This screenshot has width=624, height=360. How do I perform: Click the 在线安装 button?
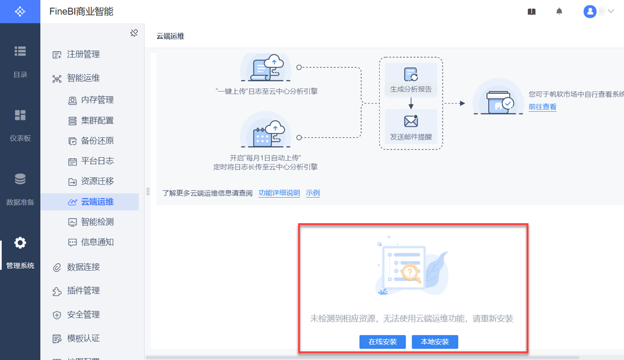383,342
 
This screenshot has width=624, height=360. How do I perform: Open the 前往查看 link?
542,107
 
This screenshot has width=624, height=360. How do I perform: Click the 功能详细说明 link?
279,193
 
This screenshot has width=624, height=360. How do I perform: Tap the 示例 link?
313,193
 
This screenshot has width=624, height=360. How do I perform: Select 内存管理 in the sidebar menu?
91,100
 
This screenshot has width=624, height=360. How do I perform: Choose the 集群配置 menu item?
91,120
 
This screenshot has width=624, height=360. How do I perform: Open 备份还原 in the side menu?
91,141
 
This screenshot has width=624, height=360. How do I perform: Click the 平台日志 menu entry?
91,161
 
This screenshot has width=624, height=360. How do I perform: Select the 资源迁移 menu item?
91,181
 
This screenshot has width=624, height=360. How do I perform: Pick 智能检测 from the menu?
91,222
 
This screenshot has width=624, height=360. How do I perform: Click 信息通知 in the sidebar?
91,242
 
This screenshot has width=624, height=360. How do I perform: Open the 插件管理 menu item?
76,290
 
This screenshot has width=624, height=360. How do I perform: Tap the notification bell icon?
559,12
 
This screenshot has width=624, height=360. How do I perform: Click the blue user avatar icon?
590,12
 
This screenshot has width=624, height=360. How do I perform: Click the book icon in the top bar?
531,12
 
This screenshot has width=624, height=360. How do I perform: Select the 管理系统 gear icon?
20,243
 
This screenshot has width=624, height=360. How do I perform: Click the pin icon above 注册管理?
134,33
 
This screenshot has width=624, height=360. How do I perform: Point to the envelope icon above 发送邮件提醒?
411,121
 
